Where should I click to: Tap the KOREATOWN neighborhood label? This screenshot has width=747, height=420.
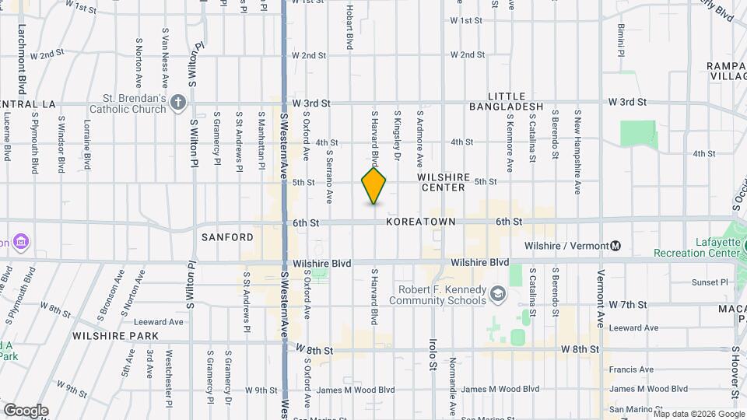tap(421, 222)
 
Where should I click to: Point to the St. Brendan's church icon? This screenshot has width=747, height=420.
tap(178, 103)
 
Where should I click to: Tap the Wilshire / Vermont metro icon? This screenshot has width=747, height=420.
tap(615, 246)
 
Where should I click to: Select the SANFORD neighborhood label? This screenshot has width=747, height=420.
tap(228, 237)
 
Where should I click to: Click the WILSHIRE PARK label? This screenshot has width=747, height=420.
tap(115, 336)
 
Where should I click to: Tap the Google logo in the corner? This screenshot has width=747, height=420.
tap(26, 411)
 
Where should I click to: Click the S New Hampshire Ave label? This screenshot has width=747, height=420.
tap(577, 151)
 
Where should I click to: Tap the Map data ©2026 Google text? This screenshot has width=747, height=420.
tap(699, 414)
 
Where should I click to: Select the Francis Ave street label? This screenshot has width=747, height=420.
tap(631, 369)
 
